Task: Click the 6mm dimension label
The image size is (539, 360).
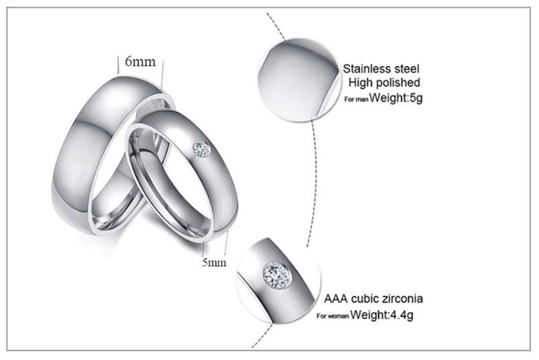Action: click(140, 62)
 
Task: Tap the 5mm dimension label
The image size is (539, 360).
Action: click(214, 263)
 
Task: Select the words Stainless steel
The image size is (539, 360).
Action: click(381, 69)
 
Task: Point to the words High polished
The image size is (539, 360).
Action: click(385, 83)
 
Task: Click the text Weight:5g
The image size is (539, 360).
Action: click(396, 98)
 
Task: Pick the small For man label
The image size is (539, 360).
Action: click(356, 100)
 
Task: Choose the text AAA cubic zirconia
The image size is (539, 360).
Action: click(373, 298)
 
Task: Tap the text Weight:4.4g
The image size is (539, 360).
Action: click(382, 314)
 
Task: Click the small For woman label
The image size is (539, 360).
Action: click(333, 316)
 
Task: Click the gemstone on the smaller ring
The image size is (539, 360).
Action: click(201, 149)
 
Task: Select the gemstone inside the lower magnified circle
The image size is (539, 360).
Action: click(277, 276)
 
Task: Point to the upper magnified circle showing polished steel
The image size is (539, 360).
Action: click(298, 80)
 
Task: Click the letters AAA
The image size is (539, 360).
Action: click(336, 298)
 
